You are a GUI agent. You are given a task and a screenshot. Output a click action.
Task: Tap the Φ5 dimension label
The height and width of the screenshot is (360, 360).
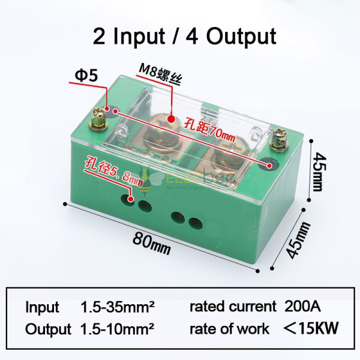[85, 76]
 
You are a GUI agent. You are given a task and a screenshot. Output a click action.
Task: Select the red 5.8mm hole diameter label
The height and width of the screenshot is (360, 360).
[113, 169]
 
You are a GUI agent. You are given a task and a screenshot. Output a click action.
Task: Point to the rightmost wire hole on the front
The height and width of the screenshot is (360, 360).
[193, 224]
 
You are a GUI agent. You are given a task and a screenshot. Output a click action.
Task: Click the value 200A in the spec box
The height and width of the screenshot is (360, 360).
[304, 307]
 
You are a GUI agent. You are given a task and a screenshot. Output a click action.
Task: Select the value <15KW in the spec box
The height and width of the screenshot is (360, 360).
[311, 328]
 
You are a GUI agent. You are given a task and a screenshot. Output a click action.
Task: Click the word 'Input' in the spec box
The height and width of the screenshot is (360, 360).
[42, 307]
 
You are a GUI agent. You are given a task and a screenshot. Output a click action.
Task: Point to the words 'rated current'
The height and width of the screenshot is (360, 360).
[227, 307]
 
